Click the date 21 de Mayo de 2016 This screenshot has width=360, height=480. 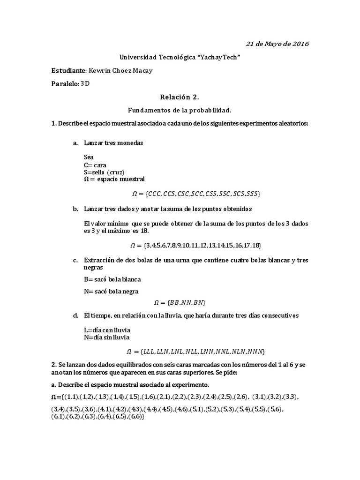click(x=277, y=44)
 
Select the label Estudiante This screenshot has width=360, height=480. click(x=68, y=70)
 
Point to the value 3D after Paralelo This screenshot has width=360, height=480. click(x=85, y=84)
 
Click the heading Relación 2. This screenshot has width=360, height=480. click(x=180, y=97)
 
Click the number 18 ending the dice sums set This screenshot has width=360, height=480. click(x=255, y=245)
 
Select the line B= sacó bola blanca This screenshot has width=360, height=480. click(x=112, y=279)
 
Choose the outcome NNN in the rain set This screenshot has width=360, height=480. click(x=255, y=351)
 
